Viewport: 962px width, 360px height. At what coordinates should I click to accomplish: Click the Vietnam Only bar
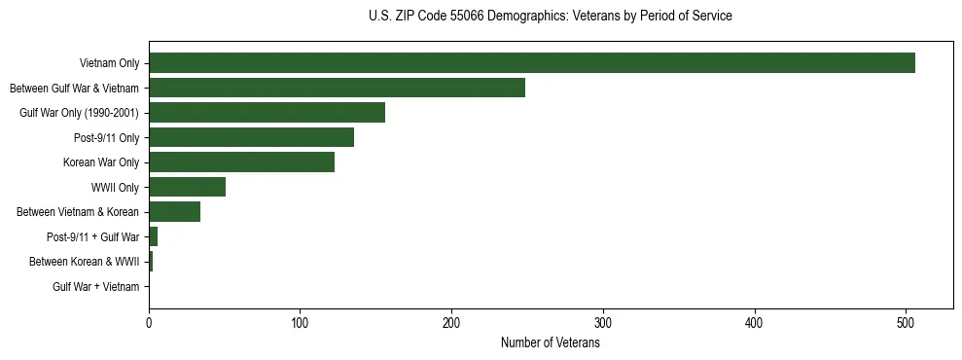click(531, 63)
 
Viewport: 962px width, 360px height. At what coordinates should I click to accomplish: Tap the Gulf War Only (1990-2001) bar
click(267, 113)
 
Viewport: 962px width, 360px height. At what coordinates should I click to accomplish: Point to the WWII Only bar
click(187, 187)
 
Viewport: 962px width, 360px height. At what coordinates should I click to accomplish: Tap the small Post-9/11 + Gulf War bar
click(153, 236)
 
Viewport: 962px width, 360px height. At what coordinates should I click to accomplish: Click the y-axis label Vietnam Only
click(110, 63)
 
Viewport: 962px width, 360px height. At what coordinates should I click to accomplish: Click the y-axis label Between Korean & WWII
click(85, 262)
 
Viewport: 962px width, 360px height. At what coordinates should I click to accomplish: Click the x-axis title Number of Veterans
click(550, 343)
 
